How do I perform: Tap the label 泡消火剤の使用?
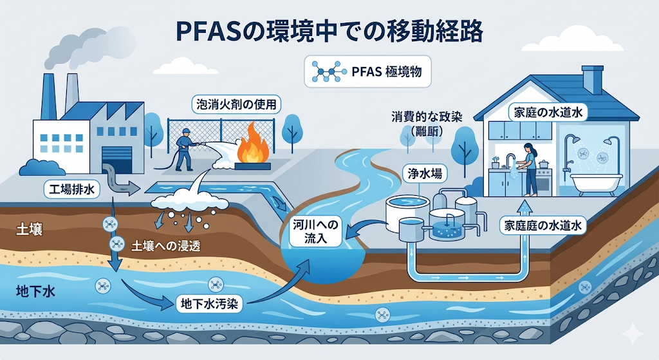(x=235, y=104)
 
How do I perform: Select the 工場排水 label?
(x=70, y=189)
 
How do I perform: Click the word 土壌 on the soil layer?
(x=29, y=229)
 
